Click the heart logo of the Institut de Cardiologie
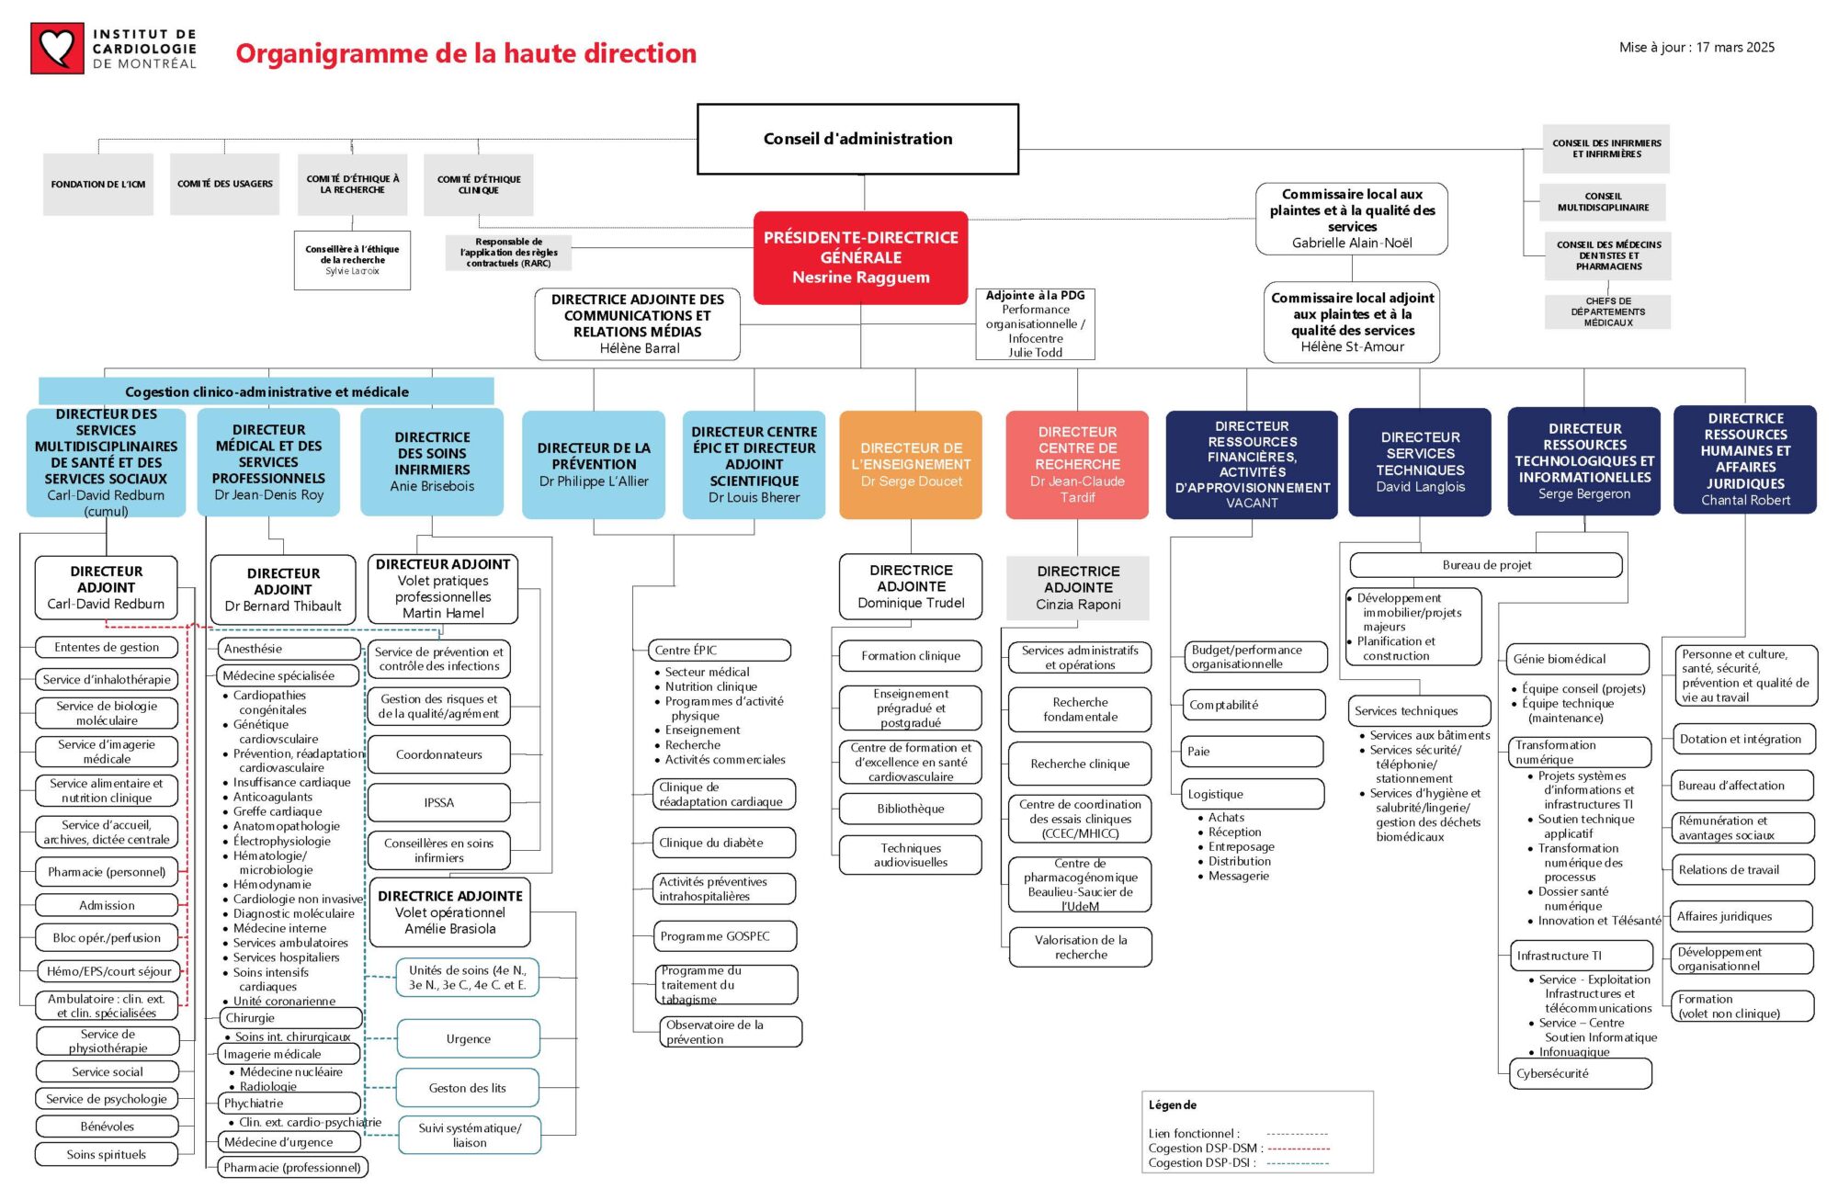tap(57, 48)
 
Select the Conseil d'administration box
tap(857, 139)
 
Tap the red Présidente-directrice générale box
tap(860, 257)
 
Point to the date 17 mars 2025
tap(1735, 48)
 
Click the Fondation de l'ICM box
tap(98, 185)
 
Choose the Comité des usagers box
tap(224, 185)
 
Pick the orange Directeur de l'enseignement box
tap(911, 465)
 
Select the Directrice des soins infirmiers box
tap(432, 462)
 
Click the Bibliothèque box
tap(910, 809)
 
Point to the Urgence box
tap(468, 1039)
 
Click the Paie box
tap(1251, 752)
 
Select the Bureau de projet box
tap(1486, 565)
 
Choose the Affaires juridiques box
tap(1742, 916)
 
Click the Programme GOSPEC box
tap(726, 936)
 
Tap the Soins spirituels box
tap(107, 1155)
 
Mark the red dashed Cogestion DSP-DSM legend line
tap(1299, 1149)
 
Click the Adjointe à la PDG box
tap(1035, 323)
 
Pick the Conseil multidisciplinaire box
tap(1603, 202)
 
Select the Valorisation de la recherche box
tap(1080, 947)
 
